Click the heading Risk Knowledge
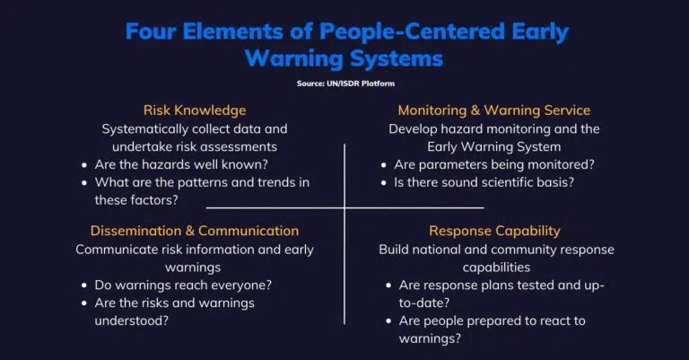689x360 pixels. coord(195,110)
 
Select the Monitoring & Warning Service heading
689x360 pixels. coord(494,110)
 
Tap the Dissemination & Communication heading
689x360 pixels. coord(195,231)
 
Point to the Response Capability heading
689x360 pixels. coord(494,232)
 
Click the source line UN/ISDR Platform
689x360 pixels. coord(345,83)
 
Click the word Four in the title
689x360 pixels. coord(151,31)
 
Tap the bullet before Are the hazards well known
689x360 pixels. coord(84,165)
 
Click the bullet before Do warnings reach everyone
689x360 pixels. coord(84,285)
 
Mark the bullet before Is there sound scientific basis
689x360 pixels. coord(384,183)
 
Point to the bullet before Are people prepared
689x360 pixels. coord(388,321)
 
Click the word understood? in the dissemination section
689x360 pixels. coord(131,320)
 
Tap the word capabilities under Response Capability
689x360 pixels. coord(496,268)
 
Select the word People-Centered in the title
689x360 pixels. coord(412,31)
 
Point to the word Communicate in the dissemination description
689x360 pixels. coord(117,250)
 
